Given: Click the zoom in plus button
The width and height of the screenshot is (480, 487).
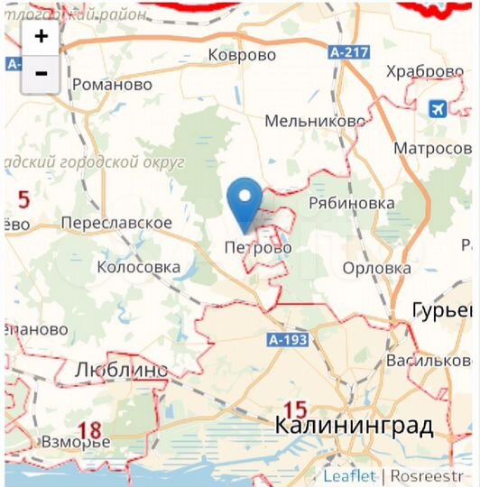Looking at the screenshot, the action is click(x=41, y=37).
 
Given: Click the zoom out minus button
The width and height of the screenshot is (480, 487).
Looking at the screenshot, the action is click(x=41, y=73).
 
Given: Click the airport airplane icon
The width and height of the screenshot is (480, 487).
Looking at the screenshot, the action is click(x=438, y=108).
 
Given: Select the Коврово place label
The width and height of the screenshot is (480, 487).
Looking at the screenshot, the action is click(x=241, y=55).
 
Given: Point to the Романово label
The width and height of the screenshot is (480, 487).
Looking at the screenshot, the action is click(x=112, y=85).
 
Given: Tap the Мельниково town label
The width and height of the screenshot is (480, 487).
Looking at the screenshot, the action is click(x=315, y=121).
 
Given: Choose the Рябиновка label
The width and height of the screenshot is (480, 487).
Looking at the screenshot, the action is click(x=351, y=203).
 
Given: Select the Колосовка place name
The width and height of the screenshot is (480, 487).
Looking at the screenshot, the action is click(x=139, y=267).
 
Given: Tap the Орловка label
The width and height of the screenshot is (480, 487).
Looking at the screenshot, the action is click(x=376, y=268).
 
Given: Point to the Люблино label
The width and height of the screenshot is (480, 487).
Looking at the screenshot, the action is click(x=121, y=369).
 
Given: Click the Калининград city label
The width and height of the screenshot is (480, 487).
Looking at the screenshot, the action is click(x=354, y=424).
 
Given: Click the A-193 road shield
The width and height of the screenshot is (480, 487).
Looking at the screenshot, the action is click(x=288, y=340).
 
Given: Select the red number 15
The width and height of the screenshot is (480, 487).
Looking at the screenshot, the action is click(x=296, y=408).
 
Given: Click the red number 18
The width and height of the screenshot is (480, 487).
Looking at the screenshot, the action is click(x=88, y=430).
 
